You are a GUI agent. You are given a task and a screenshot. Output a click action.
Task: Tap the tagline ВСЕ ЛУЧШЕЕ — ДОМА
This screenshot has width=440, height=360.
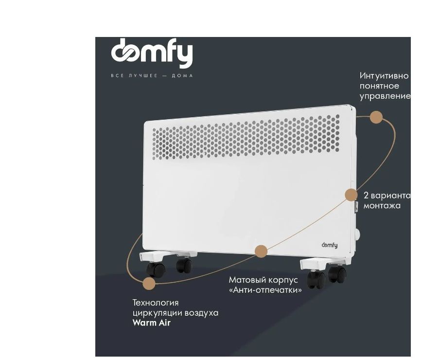152,76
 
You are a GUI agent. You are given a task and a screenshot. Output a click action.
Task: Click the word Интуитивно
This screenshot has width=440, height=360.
384,76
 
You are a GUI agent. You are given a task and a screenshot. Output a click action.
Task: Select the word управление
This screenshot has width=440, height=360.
385,96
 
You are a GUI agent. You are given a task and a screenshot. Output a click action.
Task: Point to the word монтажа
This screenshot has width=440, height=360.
382,206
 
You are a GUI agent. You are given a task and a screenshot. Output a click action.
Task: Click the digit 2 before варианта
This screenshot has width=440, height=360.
366,196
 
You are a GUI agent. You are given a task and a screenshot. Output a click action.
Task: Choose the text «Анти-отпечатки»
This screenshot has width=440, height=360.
265,290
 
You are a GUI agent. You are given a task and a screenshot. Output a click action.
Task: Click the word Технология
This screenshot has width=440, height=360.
156,303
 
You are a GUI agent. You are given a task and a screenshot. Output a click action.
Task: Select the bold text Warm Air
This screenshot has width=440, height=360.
152,323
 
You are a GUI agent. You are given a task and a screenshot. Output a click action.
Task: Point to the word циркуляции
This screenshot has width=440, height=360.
156,313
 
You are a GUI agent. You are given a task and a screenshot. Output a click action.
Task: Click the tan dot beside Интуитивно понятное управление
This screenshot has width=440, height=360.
376,117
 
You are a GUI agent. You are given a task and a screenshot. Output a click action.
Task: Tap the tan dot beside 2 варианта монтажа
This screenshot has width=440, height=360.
351,195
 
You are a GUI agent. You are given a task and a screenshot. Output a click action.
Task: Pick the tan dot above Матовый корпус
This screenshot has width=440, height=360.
261,251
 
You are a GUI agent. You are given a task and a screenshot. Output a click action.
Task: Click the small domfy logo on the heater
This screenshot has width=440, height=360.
330,245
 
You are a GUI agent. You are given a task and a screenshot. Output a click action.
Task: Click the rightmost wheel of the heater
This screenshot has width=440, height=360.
337,273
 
